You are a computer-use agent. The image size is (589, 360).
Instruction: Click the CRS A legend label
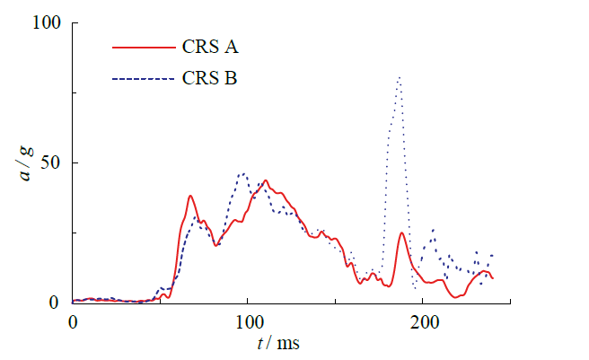209,47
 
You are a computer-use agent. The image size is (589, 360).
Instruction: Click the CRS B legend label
209,79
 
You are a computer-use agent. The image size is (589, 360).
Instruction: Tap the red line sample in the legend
141,47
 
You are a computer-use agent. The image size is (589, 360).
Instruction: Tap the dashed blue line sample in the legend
141,79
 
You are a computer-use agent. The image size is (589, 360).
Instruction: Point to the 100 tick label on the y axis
45,23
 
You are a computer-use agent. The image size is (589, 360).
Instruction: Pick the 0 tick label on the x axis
72,320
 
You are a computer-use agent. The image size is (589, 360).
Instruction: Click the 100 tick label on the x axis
247,320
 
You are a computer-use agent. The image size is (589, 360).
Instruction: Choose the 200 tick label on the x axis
422,320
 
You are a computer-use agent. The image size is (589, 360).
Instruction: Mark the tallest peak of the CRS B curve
399,77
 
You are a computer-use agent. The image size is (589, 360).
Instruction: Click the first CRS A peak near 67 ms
190,196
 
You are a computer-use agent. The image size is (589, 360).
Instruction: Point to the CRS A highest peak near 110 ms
265,180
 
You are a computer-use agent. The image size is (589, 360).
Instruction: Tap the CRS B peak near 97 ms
242,173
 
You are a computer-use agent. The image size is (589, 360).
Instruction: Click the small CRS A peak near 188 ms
401,233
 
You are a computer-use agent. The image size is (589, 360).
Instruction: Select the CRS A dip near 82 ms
215,245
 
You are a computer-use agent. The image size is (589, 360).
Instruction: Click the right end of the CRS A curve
492,278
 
